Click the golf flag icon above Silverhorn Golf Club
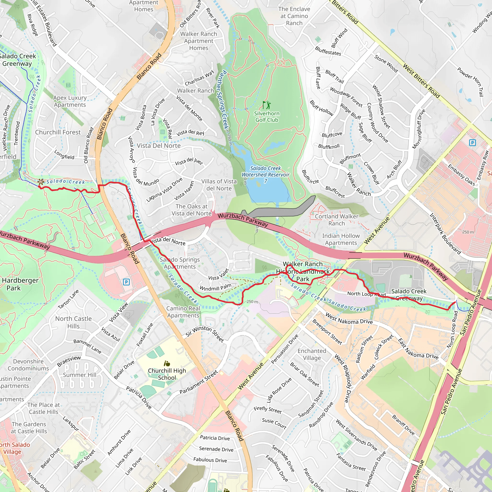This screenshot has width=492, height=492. [267, 105]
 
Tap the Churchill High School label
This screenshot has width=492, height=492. [167, 374]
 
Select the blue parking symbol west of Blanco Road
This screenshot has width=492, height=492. [126, 282]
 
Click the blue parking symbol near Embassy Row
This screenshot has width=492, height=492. [472, 143]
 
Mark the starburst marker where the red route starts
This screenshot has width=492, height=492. [41, 182]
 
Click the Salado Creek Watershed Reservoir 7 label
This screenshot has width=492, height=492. [265, 174]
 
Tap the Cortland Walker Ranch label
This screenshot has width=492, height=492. [336, 220]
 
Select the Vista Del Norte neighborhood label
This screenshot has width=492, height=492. [159, 146]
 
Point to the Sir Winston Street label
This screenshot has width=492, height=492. [204, 334]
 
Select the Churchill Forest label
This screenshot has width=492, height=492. [58, 132]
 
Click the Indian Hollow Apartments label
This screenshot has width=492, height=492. [341, 239]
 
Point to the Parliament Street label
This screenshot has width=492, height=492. [199, 382]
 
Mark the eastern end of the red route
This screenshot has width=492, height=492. [455, 302]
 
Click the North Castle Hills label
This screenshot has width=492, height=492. [73, 322]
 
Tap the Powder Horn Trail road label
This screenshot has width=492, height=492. [470, 82]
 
